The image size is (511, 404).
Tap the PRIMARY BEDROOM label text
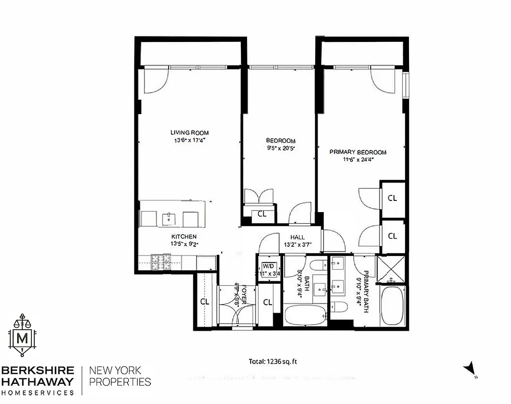(357, 152)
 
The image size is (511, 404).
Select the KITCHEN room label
(183, 236)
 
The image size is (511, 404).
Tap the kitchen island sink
(168, 219)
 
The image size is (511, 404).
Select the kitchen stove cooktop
(162, 262)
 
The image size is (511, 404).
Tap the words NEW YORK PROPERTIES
(120, 376)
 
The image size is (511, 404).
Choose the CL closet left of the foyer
(205, 301)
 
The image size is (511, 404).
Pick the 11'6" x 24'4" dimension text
(357, 160)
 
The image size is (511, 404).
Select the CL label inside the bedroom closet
(262, 214)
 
